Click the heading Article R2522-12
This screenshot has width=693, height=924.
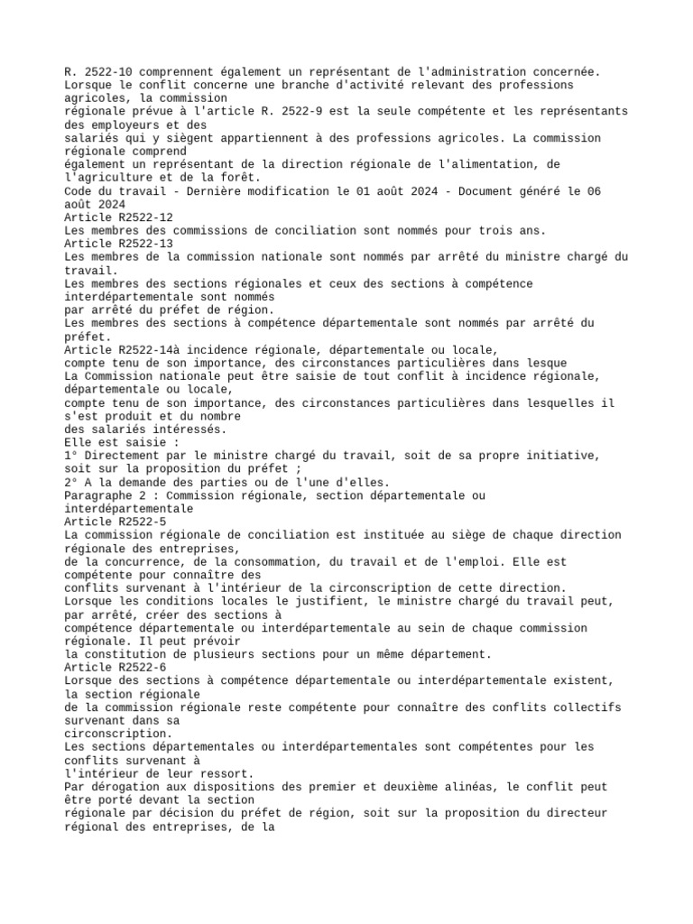pyautogui.click(x=118, y=217)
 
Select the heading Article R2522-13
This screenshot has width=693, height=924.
pyautogui.click(x=118, y=244)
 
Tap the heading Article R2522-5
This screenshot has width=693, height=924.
pyautogui.click(x=115, y=522)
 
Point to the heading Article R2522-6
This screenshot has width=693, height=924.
pyautogui.click(x=115, y=666)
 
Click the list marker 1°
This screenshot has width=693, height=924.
pyautogui.click(x=71, y=456)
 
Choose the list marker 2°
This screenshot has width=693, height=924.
pyautogui.click(x=71, y=482)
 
